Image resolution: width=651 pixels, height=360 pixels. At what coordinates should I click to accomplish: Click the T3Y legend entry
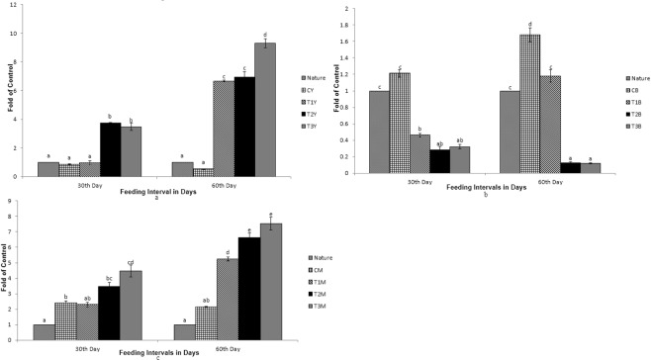pyautogui.click(x=310, y=125)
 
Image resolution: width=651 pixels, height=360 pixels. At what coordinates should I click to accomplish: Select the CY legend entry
pyautogui.click(x=308, y=89)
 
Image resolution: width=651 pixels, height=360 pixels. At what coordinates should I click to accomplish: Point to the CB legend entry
pyautogui.click(x=632, y=89)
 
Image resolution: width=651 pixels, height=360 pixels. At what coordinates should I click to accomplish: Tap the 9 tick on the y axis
pyautogui.click(x=8, y=201)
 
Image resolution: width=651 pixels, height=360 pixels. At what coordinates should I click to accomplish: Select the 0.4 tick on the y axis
pyautogui.click(x=341, y=139)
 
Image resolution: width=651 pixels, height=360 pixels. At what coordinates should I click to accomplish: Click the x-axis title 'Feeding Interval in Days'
pyautogui.click(x=146, y=187)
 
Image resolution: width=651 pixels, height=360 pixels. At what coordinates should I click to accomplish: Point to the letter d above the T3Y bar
pyautogui.click(x=265, y=35)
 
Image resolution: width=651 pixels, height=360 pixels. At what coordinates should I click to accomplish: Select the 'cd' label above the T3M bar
pyautogui.click(x=130, y=263)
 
